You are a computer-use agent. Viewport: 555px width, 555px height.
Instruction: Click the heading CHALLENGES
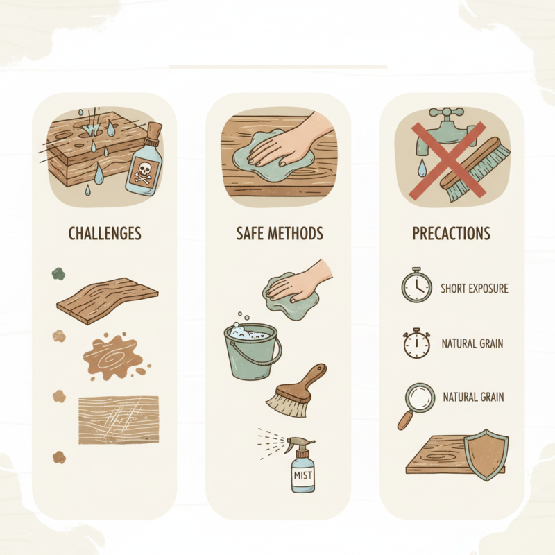click(x=105, y=233)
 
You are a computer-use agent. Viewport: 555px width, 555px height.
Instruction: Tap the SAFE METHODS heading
click(x=280, y=233)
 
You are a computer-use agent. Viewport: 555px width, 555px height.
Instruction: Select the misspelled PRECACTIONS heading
click(x=451, y=233)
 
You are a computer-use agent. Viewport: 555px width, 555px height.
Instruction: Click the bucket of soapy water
click(x=254, y=351)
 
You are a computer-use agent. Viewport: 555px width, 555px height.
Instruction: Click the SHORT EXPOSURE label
click(x=475, y=288)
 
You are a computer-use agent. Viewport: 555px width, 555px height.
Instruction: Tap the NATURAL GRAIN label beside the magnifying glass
click(x=473, y=398)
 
